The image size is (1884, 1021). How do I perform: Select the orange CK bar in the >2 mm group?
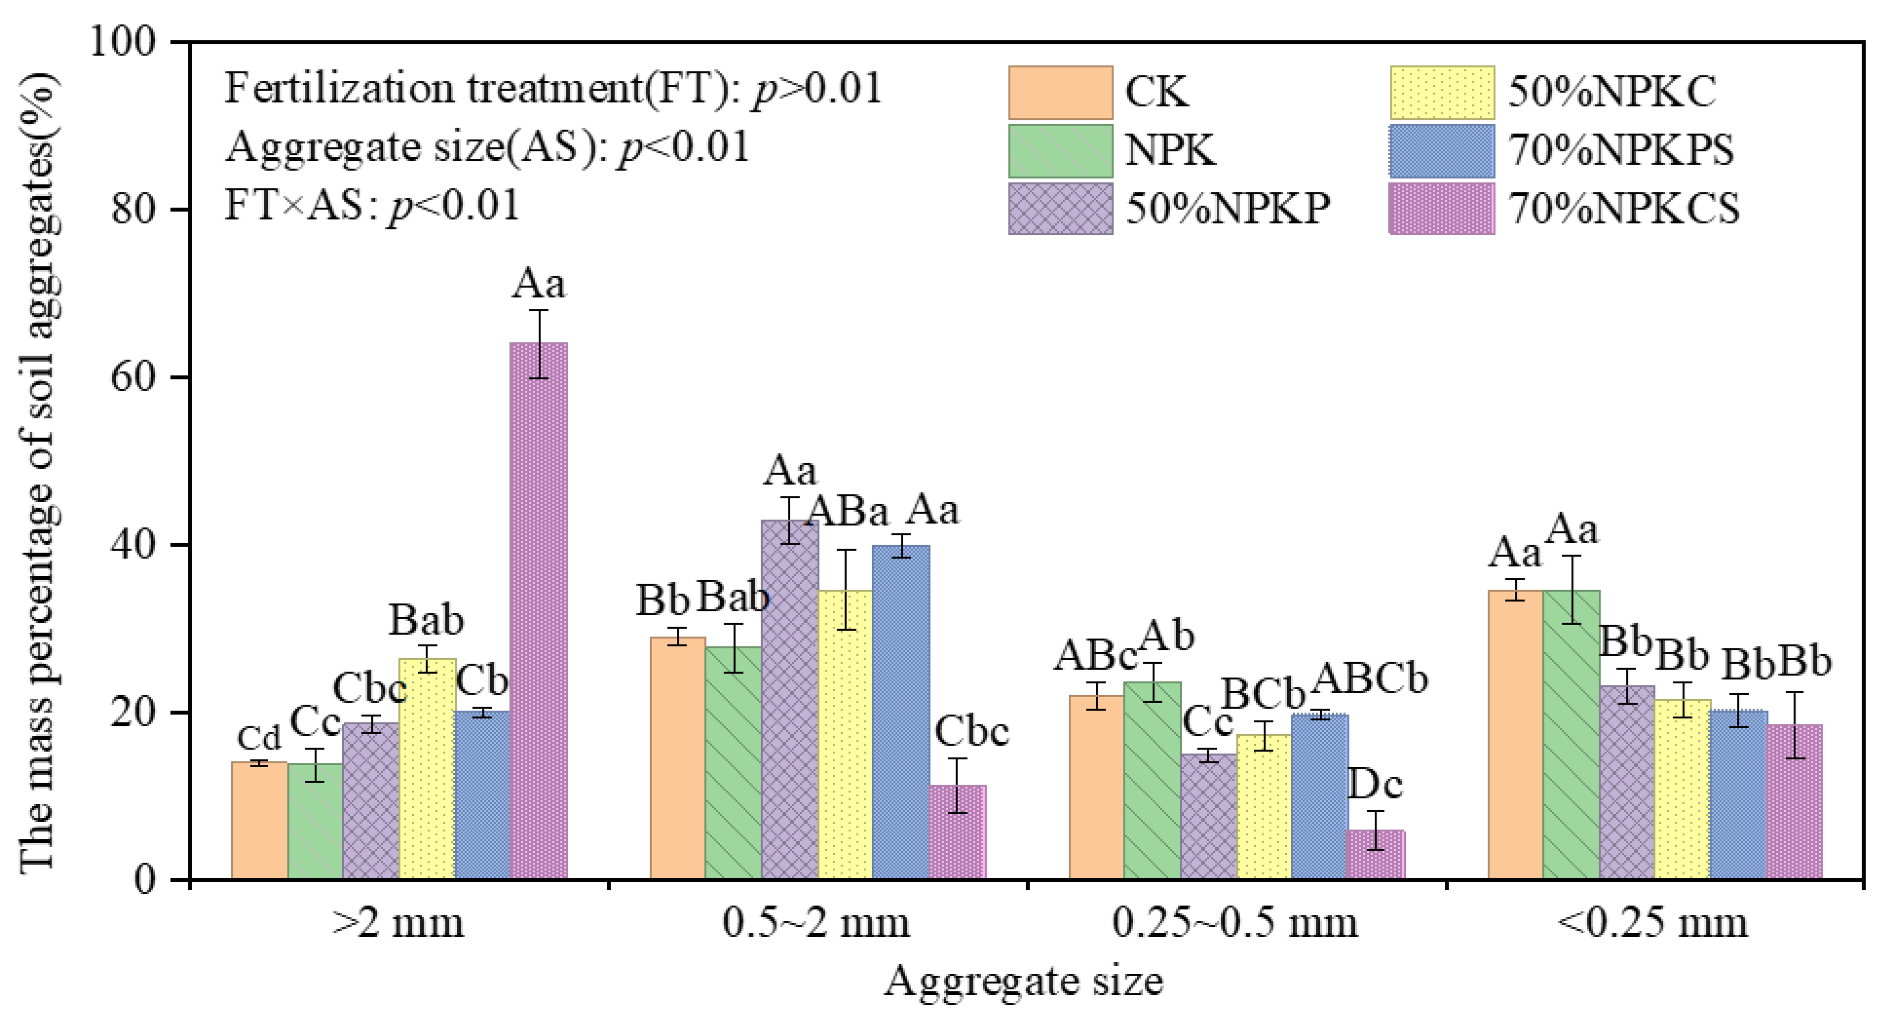click(x=259, y=821)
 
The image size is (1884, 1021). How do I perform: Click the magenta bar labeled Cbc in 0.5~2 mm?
click(x=957, y=832)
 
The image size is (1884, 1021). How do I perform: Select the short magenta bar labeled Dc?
click(x=1376, y=854)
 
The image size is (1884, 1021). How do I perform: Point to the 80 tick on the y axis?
click(x=181, y=209)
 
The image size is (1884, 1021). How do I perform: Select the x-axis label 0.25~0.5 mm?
click(x=1235, y=923)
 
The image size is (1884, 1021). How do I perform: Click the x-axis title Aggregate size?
click(x=1024, y=982)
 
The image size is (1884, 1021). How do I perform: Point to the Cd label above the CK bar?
click(x=259, y=738)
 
